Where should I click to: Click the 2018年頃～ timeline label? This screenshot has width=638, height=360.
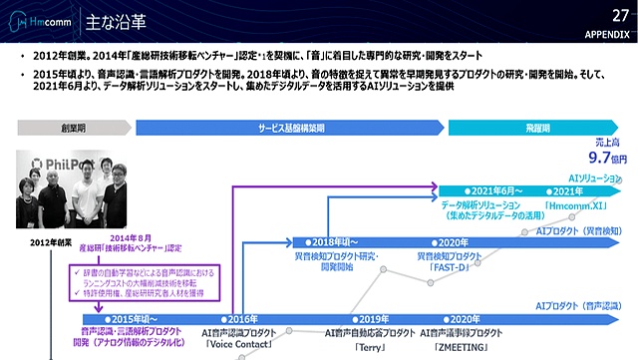[333, 242]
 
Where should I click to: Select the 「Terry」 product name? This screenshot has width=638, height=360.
[371, 346]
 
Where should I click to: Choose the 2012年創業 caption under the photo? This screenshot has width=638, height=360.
[53, 242]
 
